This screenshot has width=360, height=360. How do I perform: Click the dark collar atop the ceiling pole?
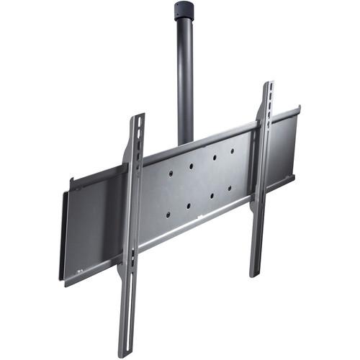[185, 10]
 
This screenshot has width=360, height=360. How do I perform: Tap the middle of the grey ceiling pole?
[186, 79]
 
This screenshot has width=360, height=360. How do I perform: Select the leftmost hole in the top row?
[168, 174]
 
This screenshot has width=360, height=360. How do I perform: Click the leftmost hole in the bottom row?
[166, 214]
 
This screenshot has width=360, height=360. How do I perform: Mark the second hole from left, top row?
[191, 166]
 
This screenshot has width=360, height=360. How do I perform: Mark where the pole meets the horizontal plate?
[186, 142]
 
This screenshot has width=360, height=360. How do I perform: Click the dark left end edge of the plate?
[63, 238]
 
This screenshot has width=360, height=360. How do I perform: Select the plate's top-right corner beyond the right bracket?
[298, 109]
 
